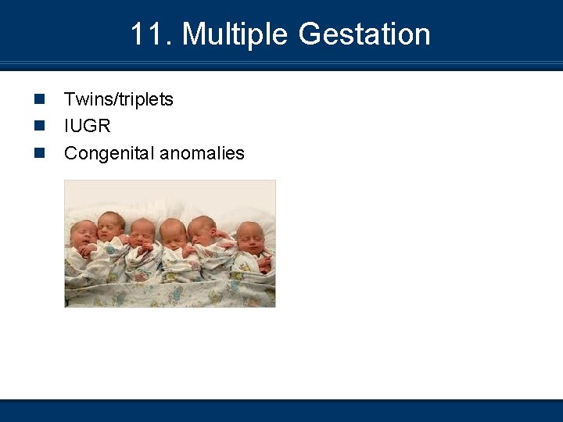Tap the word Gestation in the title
tap(364, 34)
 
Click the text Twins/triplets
tap(119, 99)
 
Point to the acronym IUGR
tap(88, 126)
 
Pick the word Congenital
tap(109, 153)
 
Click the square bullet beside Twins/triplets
tap(38, 99)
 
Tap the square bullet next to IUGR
tap(38, 126)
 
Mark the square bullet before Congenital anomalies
tap(38, 153)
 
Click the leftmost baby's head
tap(82, 233)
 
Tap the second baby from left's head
tap(111, 225)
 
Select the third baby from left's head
tap(142, 232)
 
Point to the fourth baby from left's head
tap(173, 231)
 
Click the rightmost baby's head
tap(250, 235)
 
